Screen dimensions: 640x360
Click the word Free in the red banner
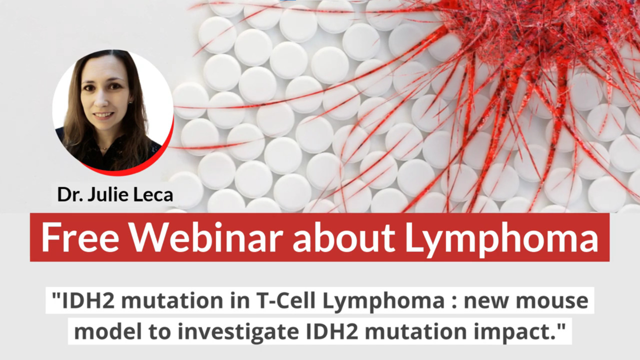pyautogui.click(x=80, y=237)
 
